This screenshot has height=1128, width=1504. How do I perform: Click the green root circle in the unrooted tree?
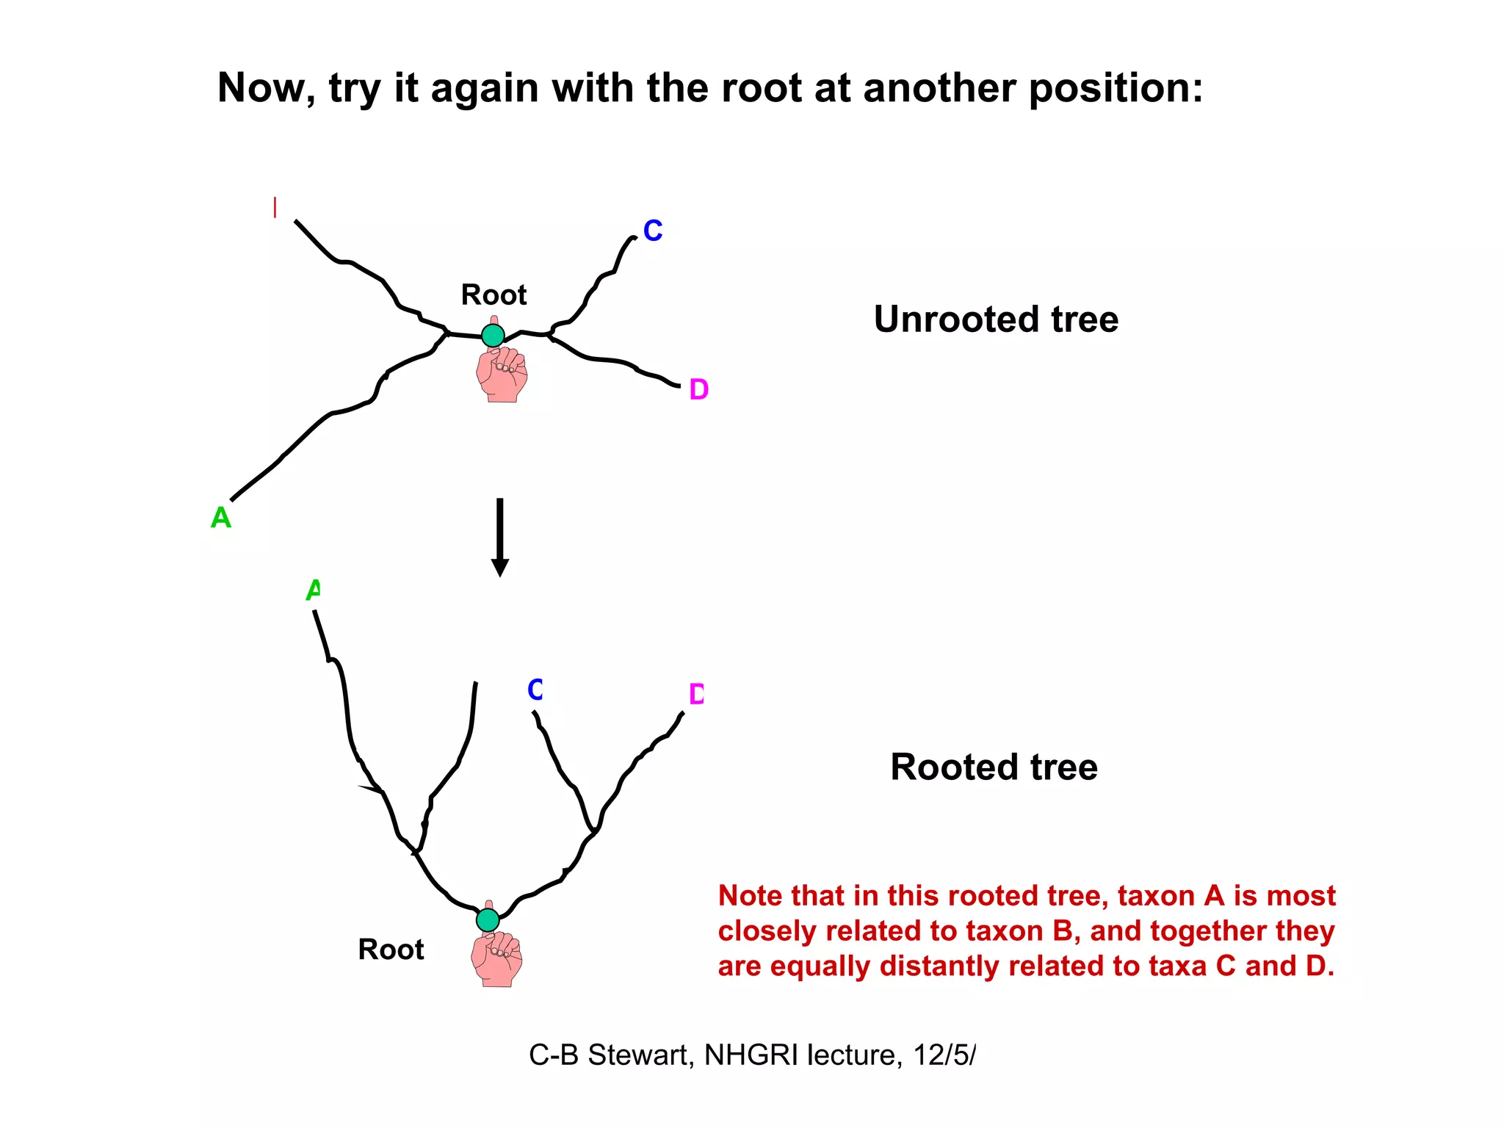pyautogui.click(x=493, y=336)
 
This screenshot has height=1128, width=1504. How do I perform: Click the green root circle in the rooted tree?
pyautogui.click(x=488, y=919)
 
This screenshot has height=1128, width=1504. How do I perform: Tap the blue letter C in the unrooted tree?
pyautogui.click(x=653, y=231)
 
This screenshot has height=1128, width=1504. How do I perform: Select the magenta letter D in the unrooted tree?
pyautogui.click(x=698, y=389)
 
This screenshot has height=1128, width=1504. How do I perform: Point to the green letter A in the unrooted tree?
pyautogui.click(x=220, y=518)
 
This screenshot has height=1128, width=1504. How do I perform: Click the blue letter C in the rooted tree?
pyautogui.click(x=535, y=690)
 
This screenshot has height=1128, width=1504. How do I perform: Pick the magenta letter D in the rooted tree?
pyautogui.click(x=696, y=694)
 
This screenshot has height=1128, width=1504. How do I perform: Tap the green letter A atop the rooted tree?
pyautogui.click(x=314, y=589)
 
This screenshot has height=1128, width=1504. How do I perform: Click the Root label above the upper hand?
pyautogui.click(x=493, y=294)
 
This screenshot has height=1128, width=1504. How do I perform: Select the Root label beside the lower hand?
pyautogui.click(x=391, y=950)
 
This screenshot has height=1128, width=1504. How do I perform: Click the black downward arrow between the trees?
pyautogui.click(x=500, y=537)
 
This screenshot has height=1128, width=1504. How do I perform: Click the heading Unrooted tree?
pyautogui.click(x=996, y=319)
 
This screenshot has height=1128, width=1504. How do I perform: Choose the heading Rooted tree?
pyautogui.click(x=994, y=767)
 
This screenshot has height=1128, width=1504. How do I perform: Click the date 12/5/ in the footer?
pyautogui.click(x=944, y=1055)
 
